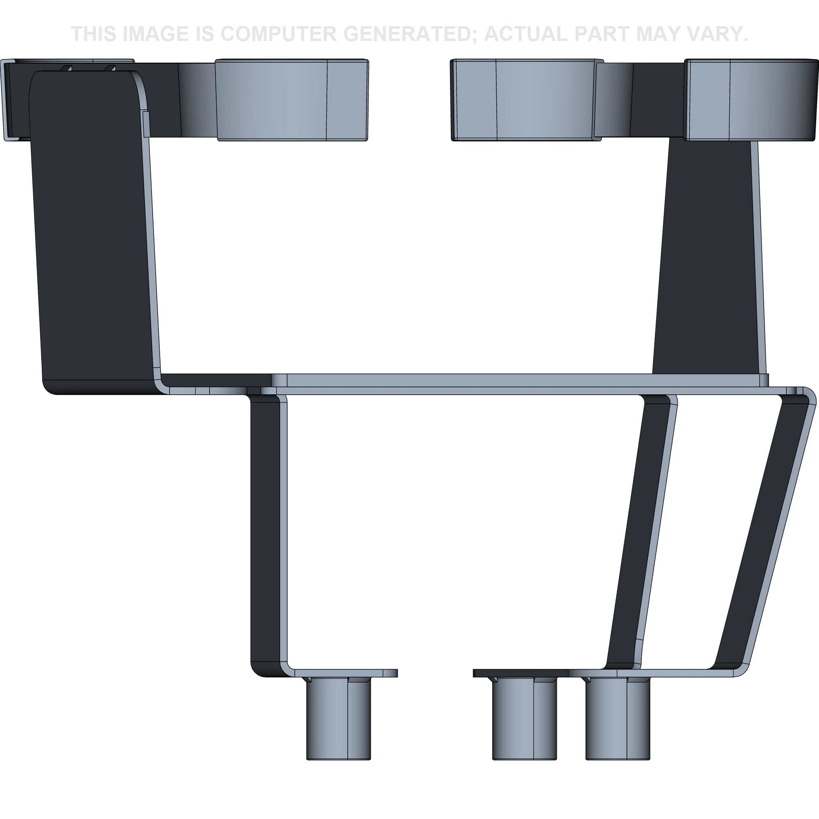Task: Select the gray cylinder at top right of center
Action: point(526,100)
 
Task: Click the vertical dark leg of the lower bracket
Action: point(265,530)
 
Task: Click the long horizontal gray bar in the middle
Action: point(466,380)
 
